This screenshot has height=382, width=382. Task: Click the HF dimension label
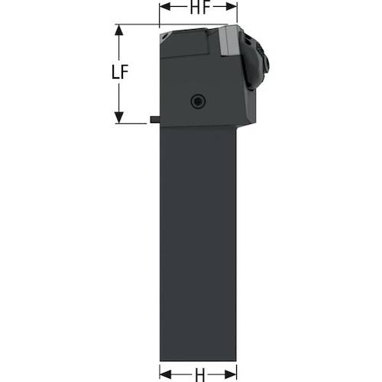pyautogui.click(x=200, y=8)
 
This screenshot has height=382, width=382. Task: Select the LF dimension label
pyautogui.click(x=120, y=72)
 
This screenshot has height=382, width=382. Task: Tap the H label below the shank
pyautogui.click(x=200, y=374)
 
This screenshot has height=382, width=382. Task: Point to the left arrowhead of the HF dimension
pyautogui.click(x=165, y=7)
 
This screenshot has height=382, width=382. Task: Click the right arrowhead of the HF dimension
pyautogui.click(x=231, y=7)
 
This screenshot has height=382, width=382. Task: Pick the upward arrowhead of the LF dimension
pyautogui.click(x=119, y=31)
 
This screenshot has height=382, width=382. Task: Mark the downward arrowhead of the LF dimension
pyautogui.click(x=119, y=118)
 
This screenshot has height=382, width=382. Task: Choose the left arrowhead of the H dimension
pyautogui.click(x=165, y=374)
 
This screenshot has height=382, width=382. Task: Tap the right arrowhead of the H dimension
pyautogui.click(x=231, y=374)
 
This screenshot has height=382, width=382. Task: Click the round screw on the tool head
pyautogui.click(x=199, y=102)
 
